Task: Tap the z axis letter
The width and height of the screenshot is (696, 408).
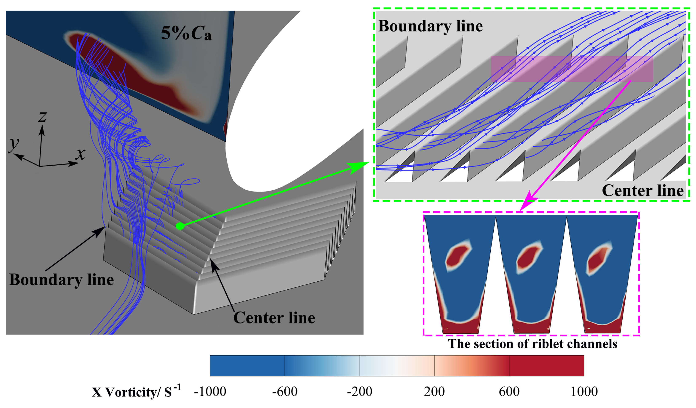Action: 42,117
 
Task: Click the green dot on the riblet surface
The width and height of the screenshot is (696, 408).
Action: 180,226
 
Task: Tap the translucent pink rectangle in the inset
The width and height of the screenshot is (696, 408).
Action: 572,69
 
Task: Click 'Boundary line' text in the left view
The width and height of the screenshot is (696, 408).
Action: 61,280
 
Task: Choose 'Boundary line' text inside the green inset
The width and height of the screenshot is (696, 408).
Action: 430,26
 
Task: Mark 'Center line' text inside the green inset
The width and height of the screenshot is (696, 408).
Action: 642,191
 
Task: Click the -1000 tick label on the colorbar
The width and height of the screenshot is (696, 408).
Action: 210,391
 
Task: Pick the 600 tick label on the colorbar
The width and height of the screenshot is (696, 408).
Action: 509,391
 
